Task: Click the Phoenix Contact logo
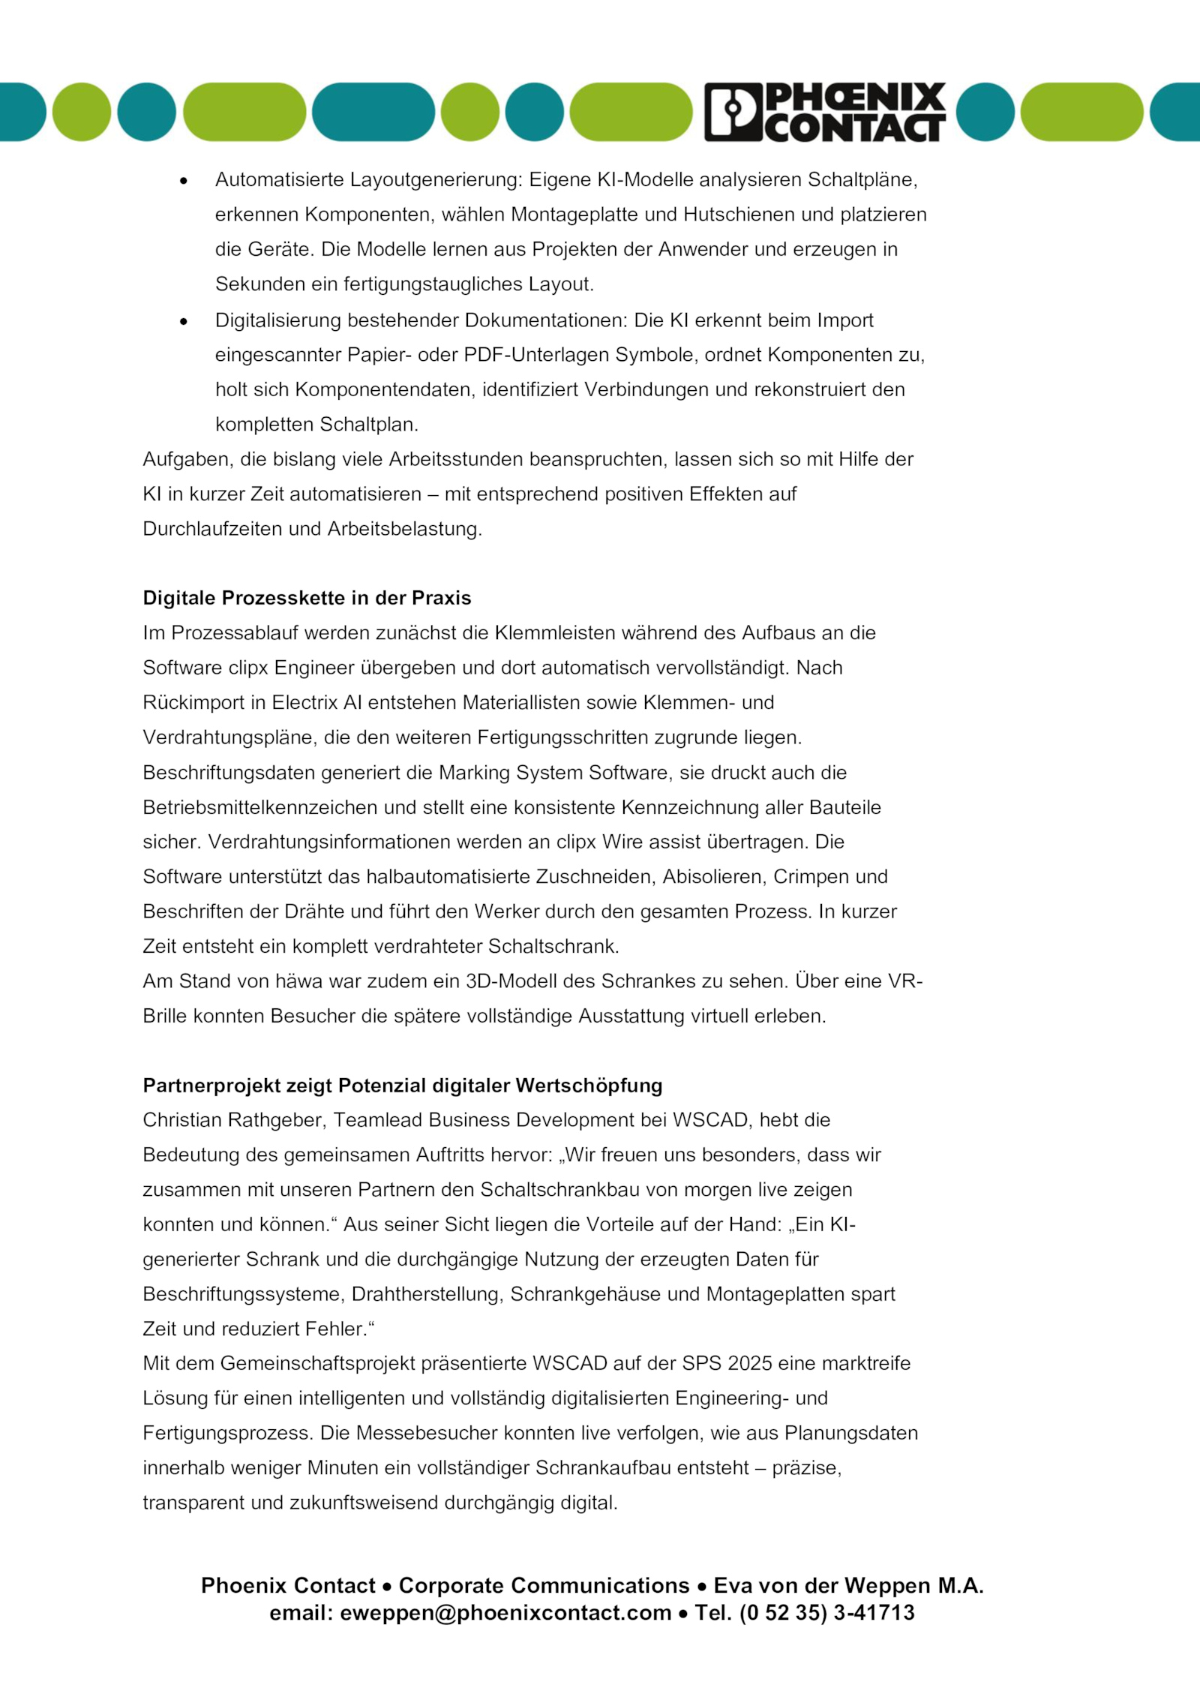point(824,113)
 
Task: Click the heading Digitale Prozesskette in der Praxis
point(307,598)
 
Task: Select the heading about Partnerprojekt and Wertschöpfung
point(403,1086)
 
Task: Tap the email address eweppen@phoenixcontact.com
point(505,1612)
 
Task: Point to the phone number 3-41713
point(874,1612)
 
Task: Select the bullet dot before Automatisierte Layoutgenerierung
point(184,182)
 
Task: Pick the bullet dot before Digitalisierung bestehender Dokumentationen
point(184,322)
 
